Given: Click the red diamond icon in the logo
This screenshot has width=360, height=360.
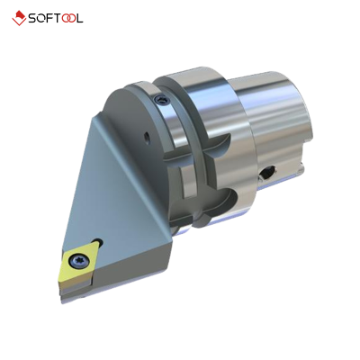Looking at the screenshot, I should coord(18,17).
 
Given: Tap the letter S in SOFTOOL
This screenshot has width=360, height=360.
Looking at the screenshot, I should coord(33,17).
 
